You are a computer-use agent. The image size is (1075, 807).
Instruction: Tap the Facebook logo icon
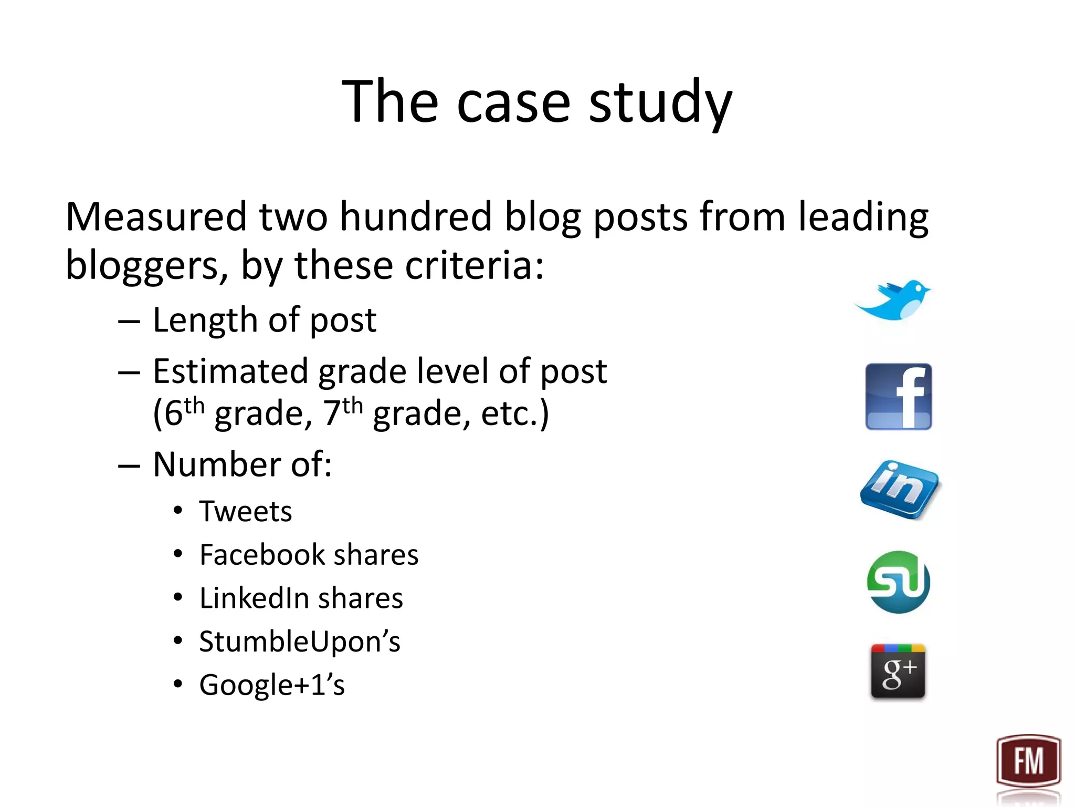pyautogui.click(x=898, y=397)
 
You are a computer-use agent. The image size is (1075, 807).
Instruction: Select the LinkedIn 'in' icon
pyautogui.click(x=900, y=489)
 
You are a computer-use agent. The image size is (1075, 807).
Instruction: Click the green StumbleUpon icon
pyautogui.click(x=898, y=582)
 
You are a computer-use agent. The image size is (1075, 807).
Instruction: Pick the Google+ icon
pyautogui.click(x=898, y=671)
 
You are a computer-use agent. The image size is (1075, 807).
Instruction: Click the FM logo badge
pyautogui.click(x=1028, y=761)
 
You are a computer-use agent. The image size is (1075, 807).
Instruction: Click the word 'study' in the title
pyautogui.click(x=660, y=102)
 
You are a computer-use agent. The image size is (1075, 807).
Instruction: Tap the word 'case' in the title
pyautogui.click(x=513, y=102)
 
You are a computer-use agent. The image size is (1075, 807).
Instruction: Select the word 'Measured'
pyautogui.click(x=156, y=216)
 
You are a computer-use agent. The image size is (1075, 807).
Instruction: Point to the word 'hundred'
pyautogui.click(x=415, y=216)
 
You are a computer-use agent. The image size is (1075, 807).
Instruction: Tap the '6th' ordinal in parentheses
pyautogui.click(x=183, y=412)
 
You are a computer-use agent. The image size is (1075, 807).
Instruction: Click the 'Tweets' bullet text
pyautogui.click(x=245, y=511)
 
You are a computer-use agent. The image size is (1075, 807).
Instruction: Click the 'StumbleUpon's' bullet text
pyautogui.click(x=299, y=642)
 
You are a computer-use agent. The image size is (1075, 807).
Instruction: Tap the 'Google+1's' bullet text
pyautogui.click(x=272, y=685)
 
